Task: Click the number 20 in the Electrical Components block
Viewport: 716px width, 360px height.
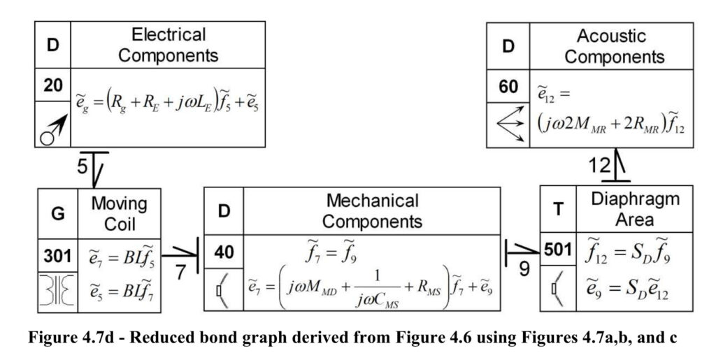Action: [x=53, y=85]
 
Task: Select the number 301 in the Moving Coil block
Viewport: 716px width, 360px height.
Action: [x=57, y=256]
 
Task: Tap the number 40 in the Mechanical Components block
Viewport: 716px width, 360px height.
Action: [x=224, y=252]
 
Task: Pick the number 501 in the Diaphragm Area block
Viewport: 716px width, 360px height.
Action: [x=557, y=250]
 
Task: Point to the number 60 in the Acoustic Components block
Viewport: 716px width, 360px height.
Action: [x=508, y=86]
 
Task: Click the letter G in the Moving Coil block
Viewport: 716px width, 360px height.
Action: [x=58, y=213]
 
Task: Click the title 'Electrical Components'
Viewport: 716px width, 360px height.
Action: [x=168, y=45]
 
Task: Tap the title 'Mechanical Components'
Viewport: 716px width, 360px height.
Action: [x=372, y=211]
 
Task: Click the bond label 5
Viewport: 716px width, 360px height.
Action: [x=83, y=166]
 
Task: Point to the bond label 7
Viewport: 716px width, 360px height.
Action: [x=181, y=273]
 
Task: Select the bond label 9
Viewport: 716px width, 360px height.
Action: [x=524, y=269]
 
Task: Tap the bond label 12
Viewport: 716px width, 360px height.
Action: [x=599, y=165]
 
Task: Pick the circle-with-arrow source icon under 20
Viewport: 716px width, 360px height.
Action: [x=53, y=129]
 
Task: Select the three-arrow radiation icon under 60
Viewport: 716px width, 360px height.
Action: [x=510, y=124]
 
